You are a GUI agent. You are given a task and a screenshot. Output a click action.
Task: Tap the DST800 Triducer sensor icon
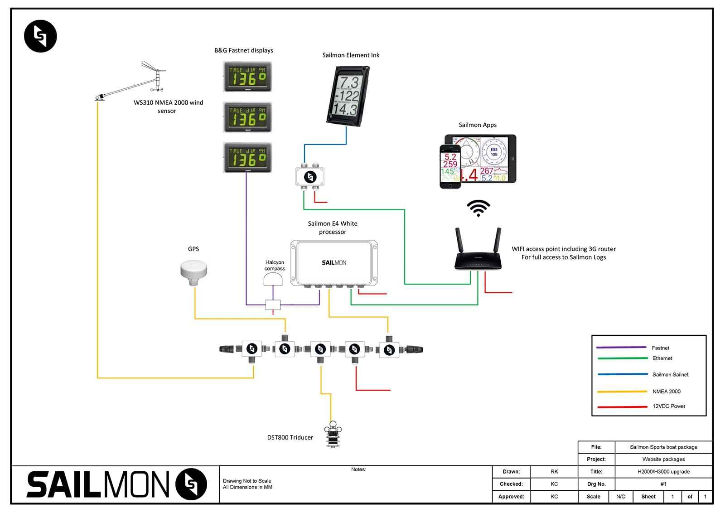pos(333,435)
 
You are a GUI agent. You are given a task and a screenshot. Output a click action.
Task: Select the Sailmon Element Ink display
pos(348,96)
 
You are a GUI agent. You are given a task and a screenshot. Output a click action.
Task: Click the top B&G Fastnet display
pos(247,77)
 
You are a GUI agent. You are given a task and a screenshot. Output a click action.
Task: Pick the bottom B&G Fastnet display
pos(247,158)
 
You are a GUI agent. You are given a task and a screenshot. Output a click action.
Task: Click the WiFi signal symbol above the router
pos(478,208)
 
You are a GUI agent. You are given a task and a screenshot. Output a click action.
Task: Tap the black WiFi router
pos(478,254)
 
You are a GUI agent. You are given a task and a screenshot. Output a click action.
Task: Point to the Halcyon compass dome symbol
pos(273,279)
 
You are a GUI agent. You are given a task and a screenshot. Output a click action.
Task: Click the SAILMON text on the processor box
pos(334,263)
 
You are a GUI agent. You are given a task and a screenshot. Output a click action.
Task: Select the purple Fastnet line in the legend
pos(621,348)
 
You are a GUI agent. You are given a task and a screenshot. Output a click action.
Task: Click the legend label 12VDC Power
pos(669,407)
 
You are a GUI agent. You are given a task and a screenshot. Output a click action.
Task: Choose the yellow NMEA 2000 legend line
pos(622,392)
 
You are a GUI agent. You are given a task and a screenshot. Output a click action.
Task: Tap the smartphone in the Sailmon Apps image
pos(450,166)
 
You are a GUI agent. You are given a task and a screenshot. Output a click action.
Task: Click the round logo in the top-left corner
pos(40,36)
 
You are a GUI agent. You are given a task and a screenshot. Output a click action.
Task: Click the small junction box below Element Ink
pos(310,177)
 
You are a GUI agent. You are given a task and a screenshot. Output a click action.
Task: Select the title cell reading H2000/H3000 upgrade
pos(663,472)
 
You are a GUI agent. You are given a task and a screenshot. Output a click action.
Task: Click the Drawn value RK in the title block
pos(554,472)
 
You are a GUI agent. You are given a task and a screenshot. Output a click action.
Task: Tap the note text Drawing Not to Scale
pos(247,481)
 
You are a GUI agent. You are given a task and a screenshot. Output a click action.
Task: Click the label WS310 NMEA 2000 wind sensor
pos(168,106)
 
